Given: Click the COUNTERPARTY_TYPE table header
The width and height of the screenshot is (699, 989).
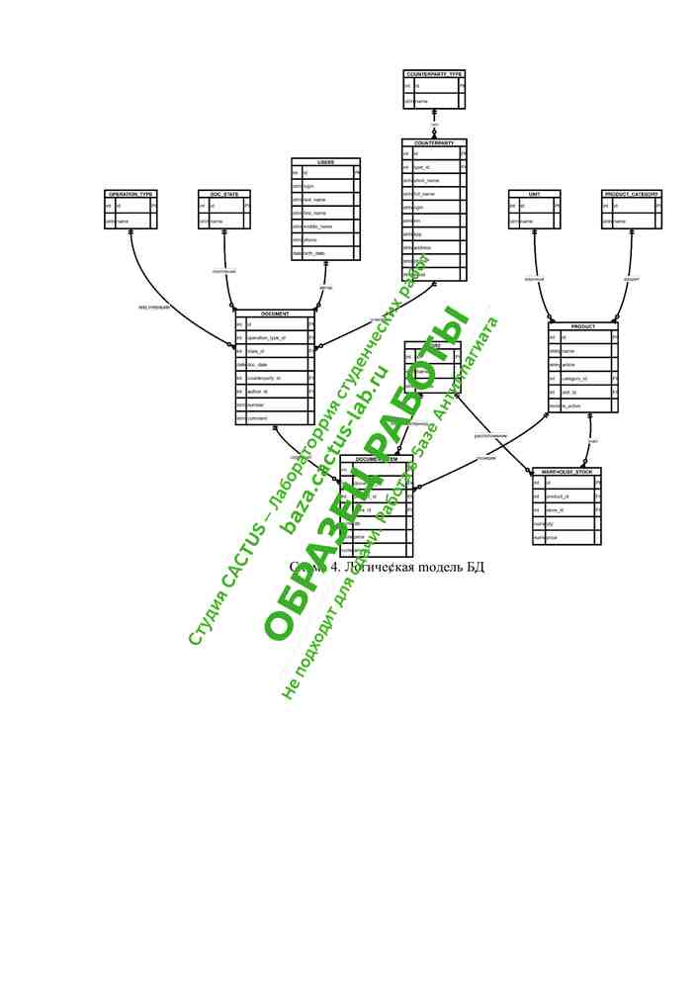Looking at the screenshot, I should pyautogui.click(x=434, y=74).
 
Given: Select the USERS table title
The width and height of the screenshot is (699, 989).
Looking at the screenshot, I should pyautogui.click(x=325, y=162).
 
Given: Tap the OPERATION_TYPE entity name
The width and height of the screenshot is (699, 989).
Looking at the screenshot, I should pyautogui.click(x=131, y=195).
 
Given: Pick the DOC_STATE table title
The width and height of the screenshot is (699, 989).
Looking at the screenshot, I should pyautogui.click(x=224, y=195).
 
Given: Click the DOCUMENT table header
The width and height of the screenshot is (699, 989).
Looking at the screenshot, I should pyautogui.click(x=275, y=314).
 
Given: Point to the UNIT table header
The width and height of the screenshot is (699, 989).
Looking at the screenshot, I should pyautogui.click(x=534, y=195).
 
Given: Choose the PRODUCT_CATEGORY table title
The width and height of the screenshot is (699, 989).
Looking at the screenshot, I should pyautogui.click(x=631, y=195).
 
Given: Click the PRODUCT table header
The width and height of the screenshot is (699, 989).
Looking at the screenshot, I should pyautogui.click(x=583, y=326).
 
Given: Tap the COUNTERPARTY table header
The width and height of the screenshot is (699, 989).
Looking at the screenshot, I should pyautogui.click(x=434, y=143).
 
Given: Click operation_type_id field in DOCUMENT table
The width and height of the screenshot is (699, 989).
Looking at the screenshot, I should pyautogui.click(x=267, y=337).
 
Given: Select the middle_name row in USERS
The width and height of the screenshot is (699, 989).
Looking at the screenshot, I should pyautogui.click(x=317, y=226).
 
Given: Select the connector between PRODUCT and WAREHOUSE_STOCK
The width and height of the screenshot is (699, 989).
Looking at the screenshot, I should pyautogui.click(x=590, y=440).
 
